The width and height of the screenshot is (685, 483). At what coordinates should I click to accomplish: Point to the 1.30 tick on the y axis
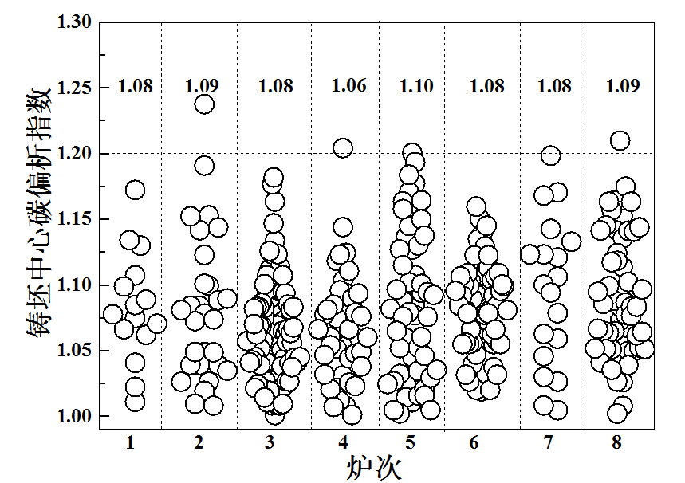(x=75, y=22)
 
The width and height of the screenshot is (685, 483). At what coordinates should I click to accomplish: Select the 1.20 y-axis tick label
(x=75, y=153)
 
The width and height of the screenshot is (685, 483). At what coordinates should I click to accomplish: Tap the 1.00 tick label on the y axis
(x=75, y=416)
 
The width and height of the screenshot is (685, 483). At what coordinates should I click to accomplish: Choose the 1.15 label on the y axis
(x=75, y=219)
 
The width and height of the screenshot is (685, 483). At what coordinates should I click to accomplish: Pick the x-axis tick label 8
(x=618, y=442)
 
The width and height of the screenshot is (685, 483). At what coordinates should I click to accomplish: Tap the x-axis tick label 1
(x=130, y=442)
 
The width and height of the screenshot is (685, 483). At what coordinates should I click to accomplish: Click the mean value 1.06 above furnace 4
(x=349, y=86)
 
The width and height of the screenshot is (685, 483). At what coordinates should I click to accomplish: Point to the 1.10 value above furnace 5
(x=416, y=86)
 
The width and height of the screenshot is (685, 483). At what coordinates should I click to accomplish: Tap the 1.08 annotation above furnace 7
(x=554, y=86)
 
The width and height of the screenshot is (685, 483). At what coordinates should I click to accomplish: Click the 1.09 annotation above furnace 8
(x=623, y=86)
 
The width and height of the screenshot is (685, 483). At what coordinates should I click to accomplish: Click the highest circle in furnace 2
(x=204, y=104)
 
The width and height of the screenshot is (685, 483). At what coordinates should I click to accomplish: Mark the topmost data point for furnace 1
(x=135, y=190)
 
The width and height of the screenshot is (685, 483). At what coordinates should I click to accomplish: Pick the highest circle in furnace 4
(x=343, y=148)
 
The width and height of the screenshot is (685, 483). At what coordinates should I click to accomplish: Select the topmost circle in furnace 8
(x=620, y=141)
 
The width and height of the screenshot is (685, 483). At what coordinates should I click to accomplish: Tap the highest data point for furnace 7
(x=550, y=155)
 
